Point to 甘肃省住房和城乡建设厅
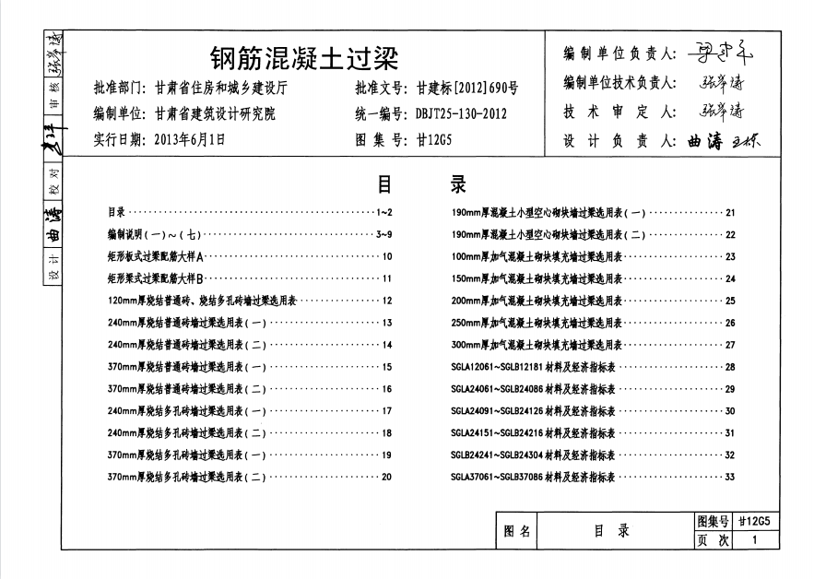pos(221,89)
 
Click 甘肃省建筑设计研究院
pos(215,115)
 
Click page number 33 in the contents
pos(730,477)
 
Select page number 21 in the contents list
pos(730,212)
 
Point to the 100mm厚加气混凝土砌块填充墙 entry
pos(537,256)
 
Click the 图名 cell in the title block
pos(520,531)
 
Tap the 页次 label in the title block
pos(714,541)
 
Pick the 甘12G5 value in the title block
pos(760,522)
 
